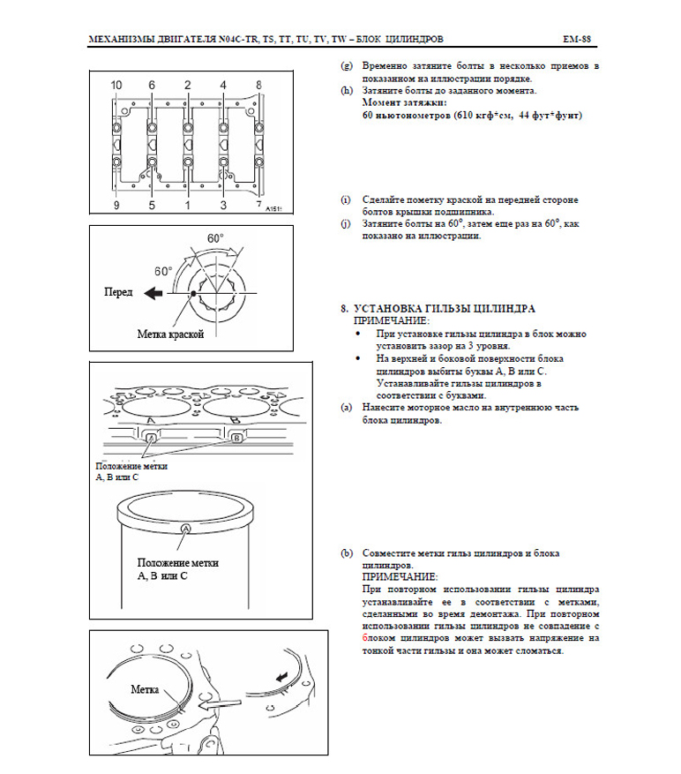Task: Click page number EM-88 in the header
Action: (575, 40)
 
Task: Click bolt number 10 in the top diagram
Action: (116, 85)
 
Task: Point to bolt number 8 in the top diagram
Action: (258, 85)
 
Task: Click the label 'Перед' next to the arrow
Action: (118, 291)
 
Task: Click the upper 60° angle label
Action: (215, 238)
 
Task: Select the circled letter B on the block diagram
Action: (236, 438)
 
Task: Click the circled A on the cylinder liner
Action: (186, 528)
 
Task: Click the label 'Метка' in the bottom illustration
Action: (144, 688)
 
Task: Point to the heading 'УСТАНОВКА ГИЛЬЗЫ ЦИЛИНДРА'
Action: (445, 309)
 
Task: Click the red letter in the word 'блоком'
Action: (365, 637)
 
